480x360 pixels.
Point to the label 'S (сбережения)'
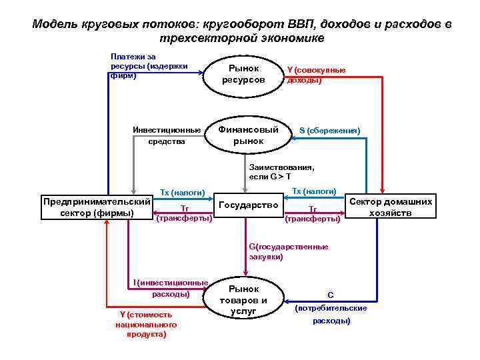(329, 131)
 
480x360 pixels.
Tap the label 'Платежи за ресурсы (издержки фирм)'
(148, 66)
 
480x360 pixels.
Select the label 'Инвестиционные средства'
(167, 135)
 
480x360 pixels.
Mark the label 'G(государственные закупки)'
(288, 251)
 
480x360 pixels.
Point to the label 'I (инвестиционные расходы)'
(171, 288)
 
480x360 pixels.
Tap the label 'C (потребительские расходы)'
(331, 307)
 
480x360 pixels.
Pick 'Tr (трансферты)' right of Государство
(313, 213)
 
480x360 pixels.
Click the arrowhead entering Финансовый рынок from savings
(292, 139)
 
